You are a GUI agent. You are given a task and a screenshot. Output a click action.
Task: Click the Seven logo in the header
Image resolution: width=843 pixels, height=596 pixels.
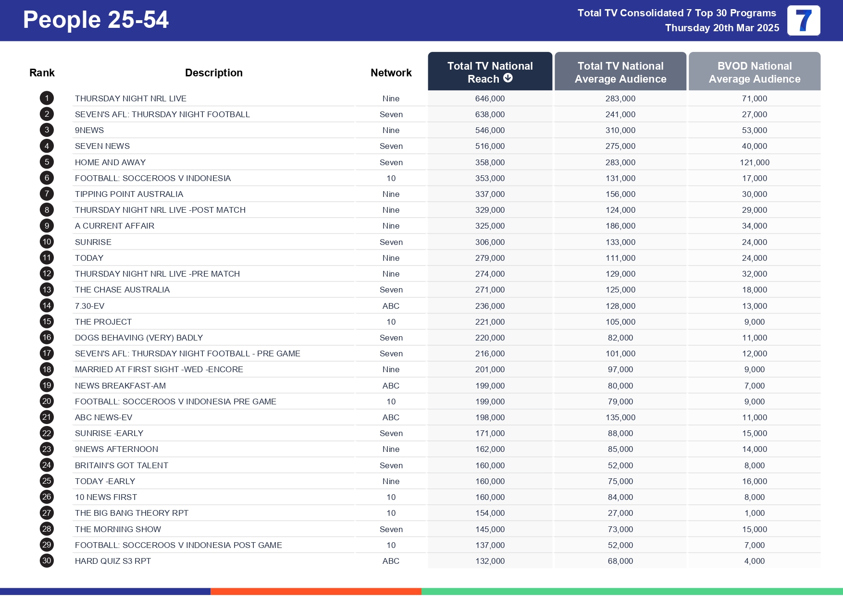coord(804,21)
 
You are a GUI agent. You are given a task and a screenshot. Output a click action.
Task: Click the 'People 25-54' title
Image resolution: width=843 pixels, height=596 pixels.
coord(96,20)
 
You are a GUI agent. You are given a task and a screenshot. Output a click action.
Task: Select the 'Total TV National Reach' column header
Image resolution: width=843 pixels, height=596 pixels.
coord(489,72)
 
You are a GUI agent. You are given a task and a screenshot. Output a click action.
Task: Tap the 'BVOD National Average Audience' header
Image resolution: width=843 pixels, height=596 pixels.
coord(754,72)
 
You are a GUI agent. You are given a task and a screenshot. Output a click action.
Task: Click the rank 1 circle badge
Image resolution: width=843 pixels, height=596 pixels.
coord(47,98)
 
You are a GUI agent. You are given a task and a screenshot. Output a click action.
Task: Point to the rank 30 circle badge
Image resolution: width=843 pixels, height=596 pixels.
coord(47,561)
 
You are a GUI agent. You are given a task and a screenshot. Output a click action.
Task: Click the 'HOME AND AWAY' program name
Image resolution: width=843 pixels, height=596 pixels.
coord(110,162)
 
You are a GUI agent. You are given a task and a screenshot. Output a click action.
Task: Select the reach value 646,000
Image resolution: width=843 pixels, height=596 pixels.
coord(490,98)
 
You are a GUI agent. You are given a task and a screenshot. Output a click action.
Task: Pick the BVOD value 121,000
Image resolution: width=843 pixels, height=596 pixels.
coord(754,162)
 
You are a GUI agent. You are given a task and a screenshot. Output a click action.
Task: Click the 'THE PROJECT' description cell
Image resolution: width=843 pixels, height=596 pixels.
coord(103,322)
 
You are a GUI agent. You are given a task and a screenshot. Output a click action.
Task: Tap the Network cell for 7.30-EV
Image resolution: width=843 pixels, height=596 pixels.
coord(391,306)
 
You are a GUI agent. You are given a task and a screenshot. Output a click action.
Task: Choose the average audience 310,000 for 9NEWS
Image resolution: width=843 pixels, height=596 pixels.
coord(620,130)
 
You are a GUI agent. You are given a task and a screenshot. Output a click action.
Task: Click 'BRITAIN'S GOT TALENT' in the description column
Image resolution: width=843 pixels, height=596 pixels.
coord(122,465)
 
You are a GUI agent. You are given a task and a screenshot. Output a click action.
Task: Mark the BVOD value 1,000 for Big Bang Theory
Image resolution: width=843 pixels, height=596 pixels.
coord(754,513)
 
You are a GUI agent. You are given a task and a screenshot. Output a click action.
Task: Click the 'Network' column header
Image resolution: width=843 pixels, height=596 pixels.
coord(391,73)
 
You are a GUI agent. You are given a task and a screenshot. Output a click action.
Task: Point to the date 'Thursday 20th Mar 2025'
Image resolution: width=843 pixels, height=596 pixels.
coord(722,28)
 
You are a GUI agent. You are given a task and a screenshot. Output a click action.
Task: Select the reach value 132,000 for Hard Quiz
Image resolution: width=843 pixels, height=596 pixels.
coord(490,561)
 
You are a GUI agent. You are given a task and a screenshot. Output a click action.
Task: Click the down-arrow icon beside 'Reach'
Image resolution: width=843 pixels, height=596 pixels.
coord(508,78)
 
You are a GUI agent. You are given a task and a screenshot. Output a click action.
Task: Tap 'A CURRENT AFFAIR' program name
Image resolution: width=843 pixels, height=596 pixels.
coord(114,226)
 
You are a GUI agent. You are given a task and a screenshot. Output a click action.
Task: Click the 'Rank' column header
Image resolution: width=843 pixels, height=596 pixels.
coord(42,73)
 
